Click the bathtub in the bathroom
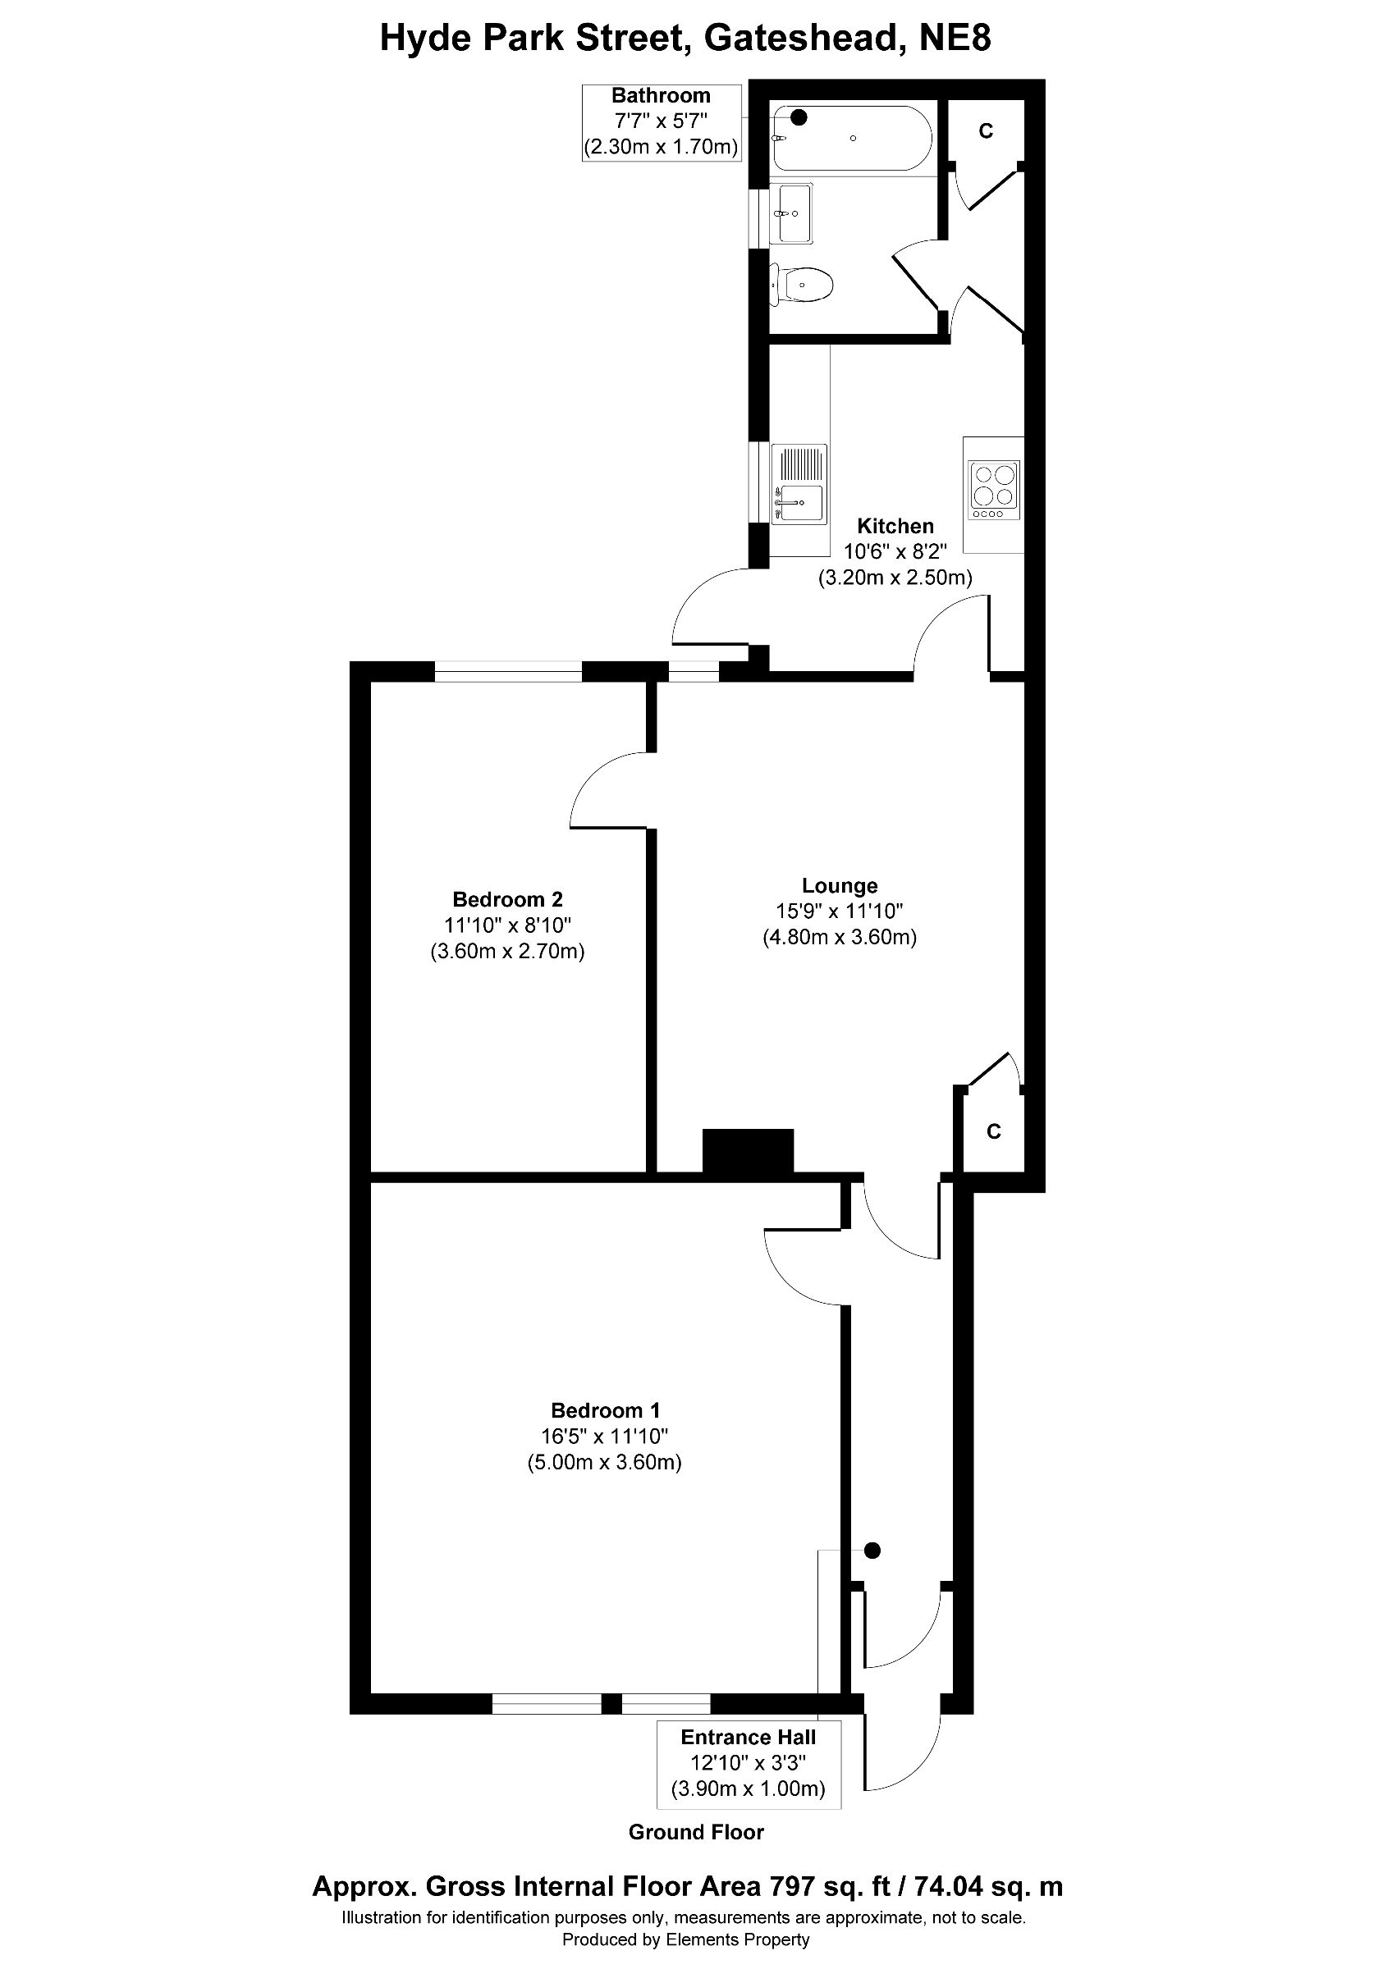(852, 138)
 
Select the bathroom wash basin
(793, 212)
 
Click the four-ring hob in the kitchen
(994, 490)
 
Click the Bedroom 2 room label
(507, 900)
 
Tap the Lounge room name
(840, 886)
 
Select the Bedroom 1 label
(605, 1411)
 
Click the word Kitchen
(895, 526)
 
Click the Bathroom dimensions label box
(661, 121)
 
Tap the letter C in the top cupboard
(987, 131)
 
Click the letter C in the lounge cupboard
(993, 1132)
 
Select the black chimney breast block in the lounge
(748, 1150)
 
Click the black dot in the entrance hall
(872, 1551)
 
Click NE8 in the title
(955, 39)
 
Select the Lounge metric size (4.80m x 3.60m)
(840, 938)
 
